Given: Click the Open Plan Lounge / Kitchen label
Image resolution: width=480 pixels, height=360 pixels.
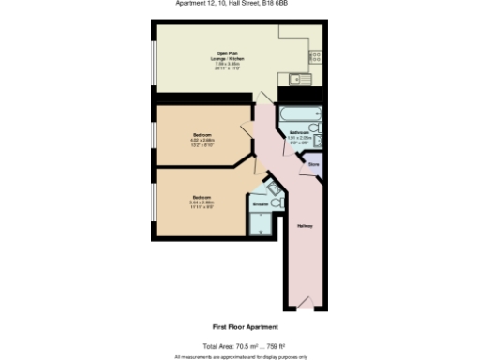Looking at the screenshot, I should coord(226,55).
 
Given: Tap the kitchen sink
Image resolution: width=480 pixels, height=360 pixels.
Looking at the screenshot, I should coord(299,79).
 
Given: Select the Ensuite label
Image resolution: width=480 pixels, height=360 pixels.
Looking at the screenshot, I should coord(260,202).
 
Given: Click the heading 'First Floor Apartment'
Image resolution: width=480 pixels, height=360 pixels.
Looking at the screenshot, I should coord(239,327).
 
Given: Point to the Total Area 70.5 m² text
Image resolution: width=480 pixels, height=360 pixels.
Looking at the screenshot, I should coord(239,345).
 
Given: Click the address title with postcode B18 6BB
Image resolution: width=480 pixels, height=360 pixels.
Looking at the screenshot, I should coord(239,3).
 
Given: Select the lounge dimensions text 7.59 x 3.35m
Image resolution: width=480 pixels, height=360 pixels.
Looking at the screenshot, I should coord(226,64).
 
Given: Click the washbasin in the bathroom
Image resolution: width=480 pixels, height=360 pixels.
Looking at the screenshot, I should coord(319,142).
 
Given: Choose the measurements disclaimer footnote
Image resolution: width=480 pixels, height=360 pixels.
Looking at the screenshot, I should coord(239,356).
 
